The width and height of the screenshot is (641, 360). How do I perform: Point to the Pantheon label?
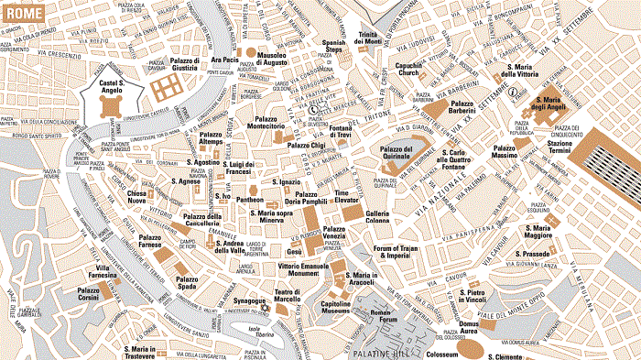click(x=250, y=199)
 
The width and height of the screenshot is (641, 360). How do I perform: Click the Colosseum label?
click(x=440, y=352)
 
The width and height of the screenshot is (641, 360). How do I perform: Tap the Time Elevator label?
click(x=348, y=199)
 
